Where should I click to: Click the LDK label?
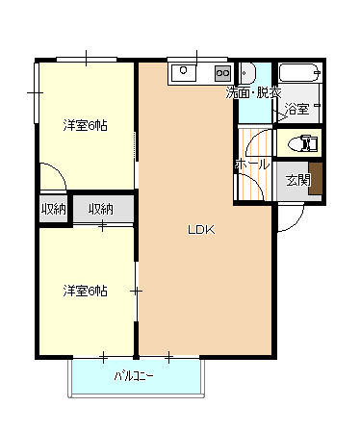pos(200,230)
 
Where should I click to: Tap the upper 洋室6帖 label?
pos(86,125)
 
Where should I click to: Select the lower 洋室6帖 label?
pos(86,290)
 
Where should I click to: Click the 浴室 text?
pos(297,110)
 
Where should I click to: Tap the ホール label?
pos(251,165)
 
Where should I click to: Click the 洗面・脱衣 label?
pos(253,93)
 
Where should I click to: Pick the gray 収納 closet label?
pos(53,209)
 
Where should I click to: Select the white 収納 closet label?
pos(101,209)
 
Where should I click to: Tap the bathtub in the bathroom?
pos(299,74)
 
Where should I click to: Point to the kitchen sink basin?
pos(186,72)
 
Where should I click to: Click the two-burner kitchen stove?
pos(221,72)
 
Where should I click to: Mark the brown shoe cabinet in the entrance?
pos(315,180)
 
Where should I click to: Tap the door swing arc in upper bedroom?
pos(53,176)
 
